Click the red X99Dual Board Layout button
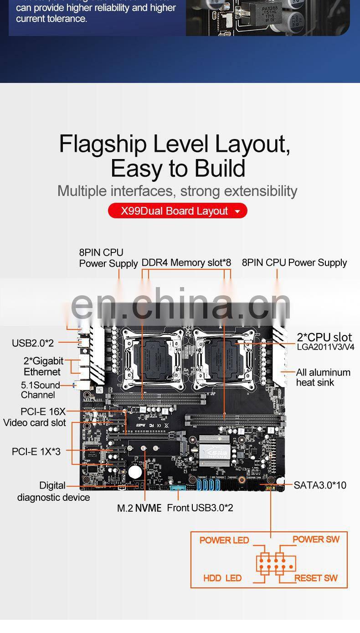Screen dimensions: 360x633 pyautogui.click(x=177, y=211)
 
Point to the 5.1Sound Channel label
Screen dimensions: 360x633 pyautogui.click(x=40, y=390)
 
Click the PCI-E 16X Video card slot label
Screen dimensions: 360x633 pyautogui.click(x=35, y=417)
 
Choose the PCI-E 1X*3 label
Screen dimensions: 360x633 pyautogui.click(x=36, y=452)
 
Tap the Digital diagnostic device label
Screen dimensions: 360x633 pyautogui.click(x=53, y=491)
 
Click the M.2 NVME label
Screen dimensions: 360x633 pyautogui.click(x=139, y=508)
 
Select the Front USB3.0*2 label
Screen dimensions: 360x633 pyautogui.click(x=200, y=508)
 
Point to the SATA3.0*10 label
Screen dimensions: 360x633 pyautogui.click(x=320, y=485)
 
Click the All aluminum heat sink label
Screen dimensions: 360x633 pyautogui.click(x=323, y=377)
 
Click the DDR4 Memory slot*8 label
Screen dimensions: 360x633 pyautogui.click(x=186, y=262)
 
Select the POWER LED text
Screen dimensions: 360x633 pyautogui.click(x=224, y=540)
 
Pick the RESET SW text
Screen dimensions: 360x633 pyautogui.click(x=316, y=578)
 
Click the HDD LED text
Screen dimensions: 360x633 pyautogui.click(x=222, y=578)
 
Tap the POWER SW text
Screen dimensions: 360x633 pyautogui.click(x=316, y=539)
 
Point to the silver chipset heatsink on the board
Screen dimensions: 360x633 pyautogui.click(x=214, y=450)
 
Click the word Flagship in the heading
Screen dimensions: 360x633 pyautogui.click(x=103, y=144)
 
